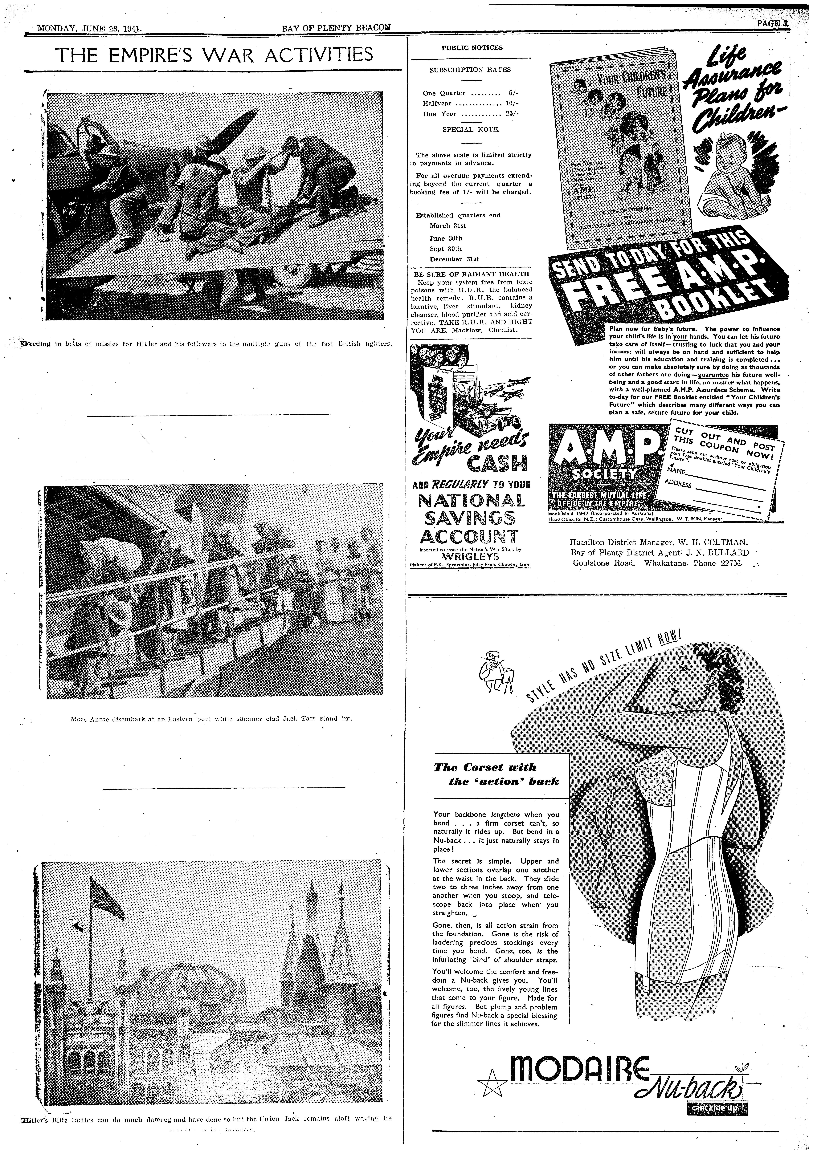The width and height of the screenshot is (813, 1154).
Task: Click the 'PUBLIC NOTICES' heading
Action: (472, 48)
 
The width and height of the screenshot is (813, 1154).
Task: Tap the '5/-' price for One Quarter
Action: (512, 93)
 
